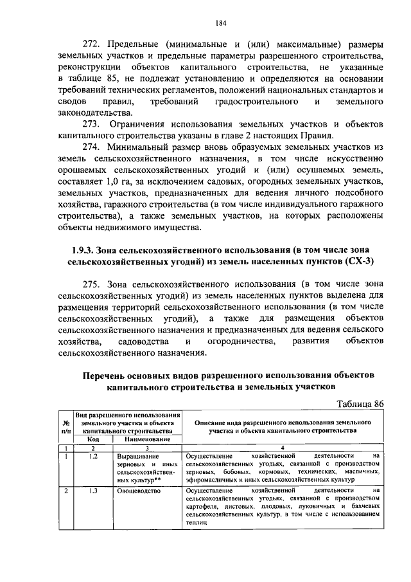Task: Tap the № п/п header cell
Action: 66,426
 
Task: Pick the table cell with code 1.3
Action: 93,491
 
